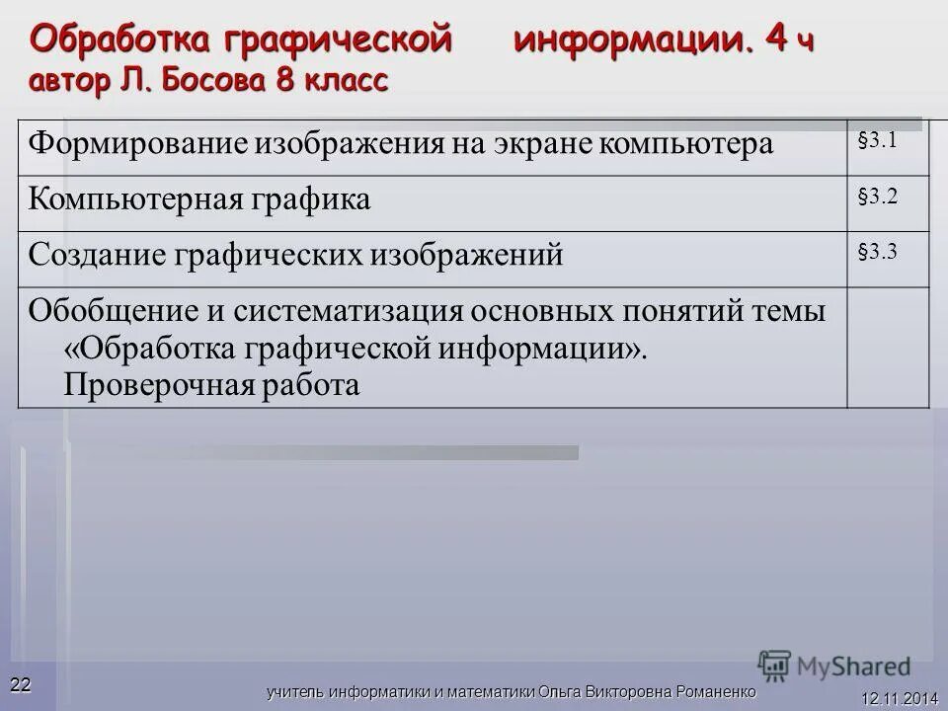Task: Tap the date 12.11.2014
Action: tap(899, 698)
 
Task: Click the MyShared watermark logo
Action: tap(834, 665)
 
